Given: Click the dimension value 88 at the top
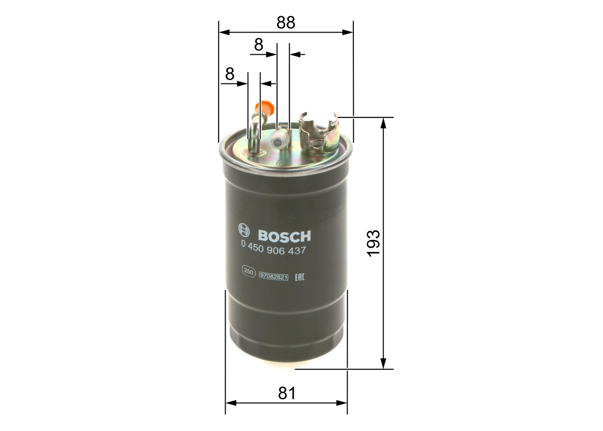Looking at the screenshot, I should click(x=285, y=22).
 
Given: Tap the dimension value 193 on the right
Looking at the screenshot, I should click(x=373, y=243).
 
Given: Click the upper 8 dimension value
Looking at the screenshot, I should click(x=258, y=45).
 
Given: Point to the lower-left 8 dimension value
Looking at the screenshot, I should click(x=229, y=74).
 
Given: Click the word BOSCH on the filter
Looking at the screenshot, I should click(x=284, y=235).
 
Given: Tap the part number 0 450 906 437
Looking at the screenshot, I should click(x=273, y=251).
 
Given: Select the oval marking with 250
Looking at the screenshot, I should click(x=248, y=271).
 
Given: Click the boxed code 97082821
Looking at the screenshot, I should click(x=273, y=276).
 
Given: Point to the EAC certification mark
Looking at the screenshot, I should click(x=299, y=276).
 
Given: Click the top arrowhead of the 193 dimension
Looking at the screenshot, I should click(x=383, y=122).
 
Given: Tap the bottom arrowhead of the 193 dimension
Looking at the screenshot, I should click(x=383, y=364).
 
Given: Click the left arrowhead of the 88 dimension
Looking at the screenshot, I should click(x=224, y=32).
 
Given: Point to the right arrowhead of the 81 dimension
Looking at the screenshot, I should click(x=342, y=403).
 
